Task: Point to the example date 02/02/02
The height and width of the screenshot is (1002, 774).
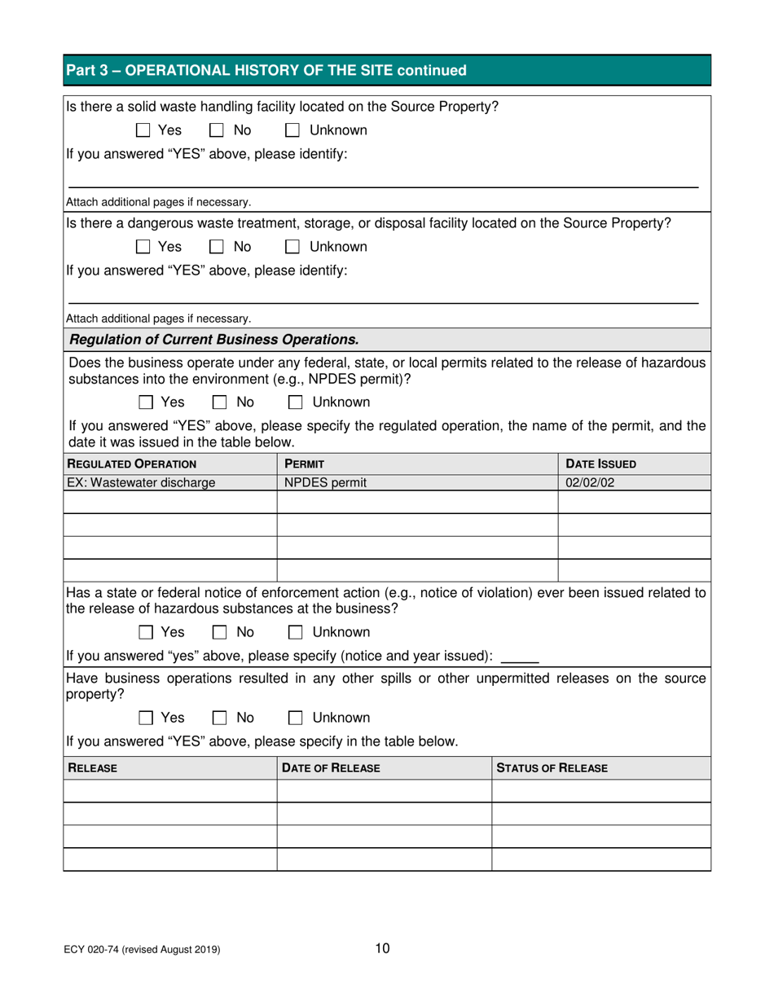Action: click(588, 481)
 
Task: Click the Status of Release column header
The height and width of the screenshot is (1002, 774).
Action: click(552, 767)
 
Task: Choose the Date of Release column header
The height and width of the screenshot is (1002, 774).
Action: click(332, 767)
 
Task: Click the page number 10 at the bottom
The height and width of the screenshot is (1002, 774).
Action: click(383, 947)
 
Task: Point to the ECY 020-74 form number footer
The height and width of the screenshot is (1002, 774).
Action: click(143, 949)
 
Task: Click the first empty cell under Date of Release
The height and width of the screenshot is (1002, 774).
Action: click(384, 791)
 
